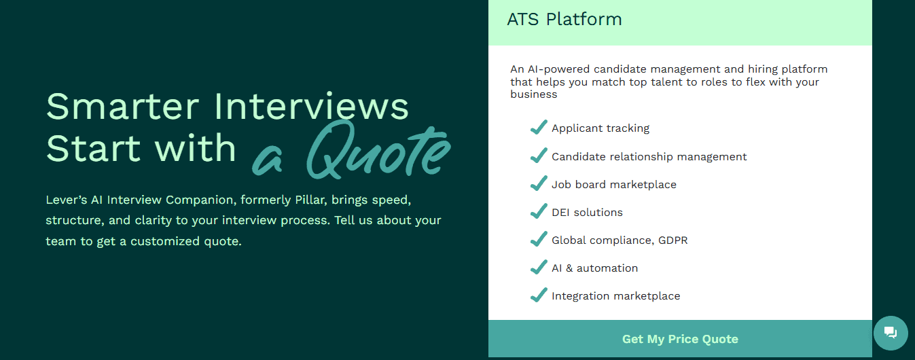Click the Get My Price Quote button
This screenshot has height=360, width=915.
tap(680, 339)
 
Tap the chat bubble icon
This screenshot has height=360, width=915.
tap(891, 333)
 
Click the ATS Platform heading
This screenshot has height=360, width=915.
tap(564, 19)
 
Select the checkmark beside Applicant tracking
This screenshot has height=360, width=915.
tap(539, 128)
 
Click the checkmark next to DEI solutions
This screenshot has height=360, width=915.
tap(539, 212)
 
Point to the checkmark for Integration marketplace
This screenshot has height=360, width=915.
tap(539, 295)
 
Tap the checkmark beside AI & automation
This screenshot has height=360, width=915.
tap(539, 267)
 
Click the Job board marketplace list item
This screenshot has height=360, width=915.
tap(614, 185)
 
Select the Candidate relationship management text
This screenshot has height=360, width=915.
tap(649, 157)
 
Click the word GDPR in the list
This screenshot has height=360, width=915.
tap(672, 240)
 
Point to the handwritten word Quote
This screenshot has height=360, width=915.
tap(378, 150)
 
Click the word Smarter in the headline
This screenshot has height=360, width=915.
tap(122, 107)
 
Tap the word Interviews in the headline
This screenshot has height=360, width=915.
tap(311, 106)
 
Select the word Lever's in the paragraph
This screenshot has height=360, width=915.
tap(66, 200)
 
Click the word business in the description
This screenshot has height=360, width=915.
tap(533, 94)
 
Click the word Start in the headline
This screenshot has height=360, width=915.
tap(94, 149)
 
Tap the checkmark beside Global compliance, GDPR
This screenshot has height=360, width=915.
tap(539, 240)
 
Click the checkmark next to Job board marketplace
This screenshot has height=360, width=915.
tap(539, 184)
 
